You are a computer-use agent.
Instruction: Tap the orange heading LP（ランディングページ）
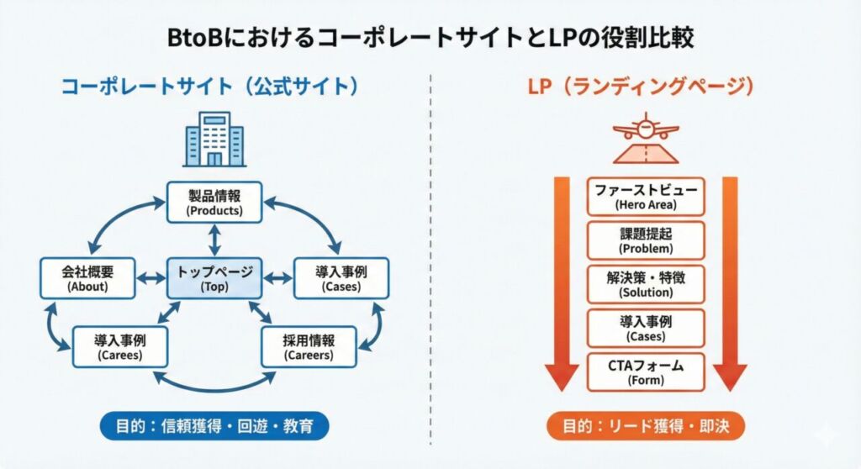click(x=645, y=87)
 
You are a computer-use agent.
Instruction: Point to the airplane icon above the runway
click(x=645, y=129)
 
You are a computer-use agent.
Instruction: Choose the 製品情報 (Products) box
click(x=214, y=203)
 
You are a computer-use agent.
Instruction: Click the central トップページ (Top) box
click(x=214, y=278)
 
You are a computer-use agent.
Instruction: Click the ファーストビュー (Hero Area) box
click(x=645, y=197)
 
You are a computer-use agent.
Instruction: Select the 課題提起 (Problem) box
click(x=645, y=240)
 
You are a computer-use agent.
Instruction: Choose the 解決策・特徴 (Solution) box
click(x=645, y=284)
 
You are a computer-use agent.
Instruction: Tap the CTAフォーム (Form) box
click(x=645, y=372)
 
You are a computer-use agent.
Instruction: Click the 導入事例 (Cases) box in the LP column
click(x=645, y=328)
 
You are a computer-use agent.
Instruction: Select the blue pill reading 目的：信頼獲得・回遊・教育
click(x=214, y=426)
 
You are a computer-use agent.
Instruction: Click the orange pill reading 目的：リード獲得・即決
click(x=645, y=426)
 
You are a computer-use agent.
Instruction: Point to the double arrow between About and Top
click(x=151, y=278)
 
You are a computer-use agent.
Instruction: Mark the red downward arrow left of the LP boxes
click(x=557, y=286)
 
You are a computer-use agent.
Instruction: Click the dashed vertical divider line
click(x=430, y=252)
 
